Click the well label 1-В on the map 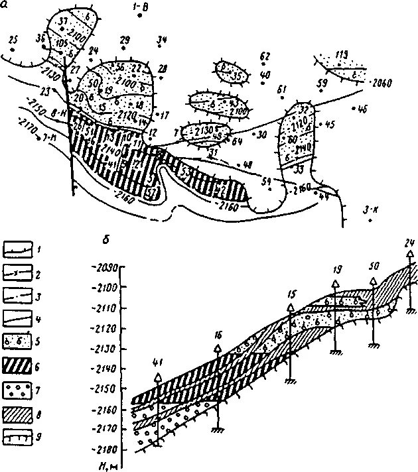141,7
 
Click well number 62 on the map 265,56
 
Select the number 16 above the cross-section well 218,335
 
